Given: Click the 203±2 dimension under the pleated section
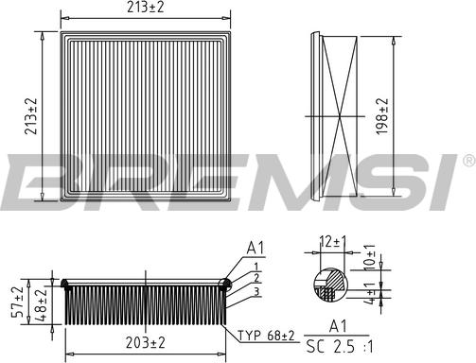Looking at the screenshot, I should [145, 341].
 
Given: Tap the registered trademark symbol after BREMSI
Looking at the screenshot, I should [468, 163].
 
